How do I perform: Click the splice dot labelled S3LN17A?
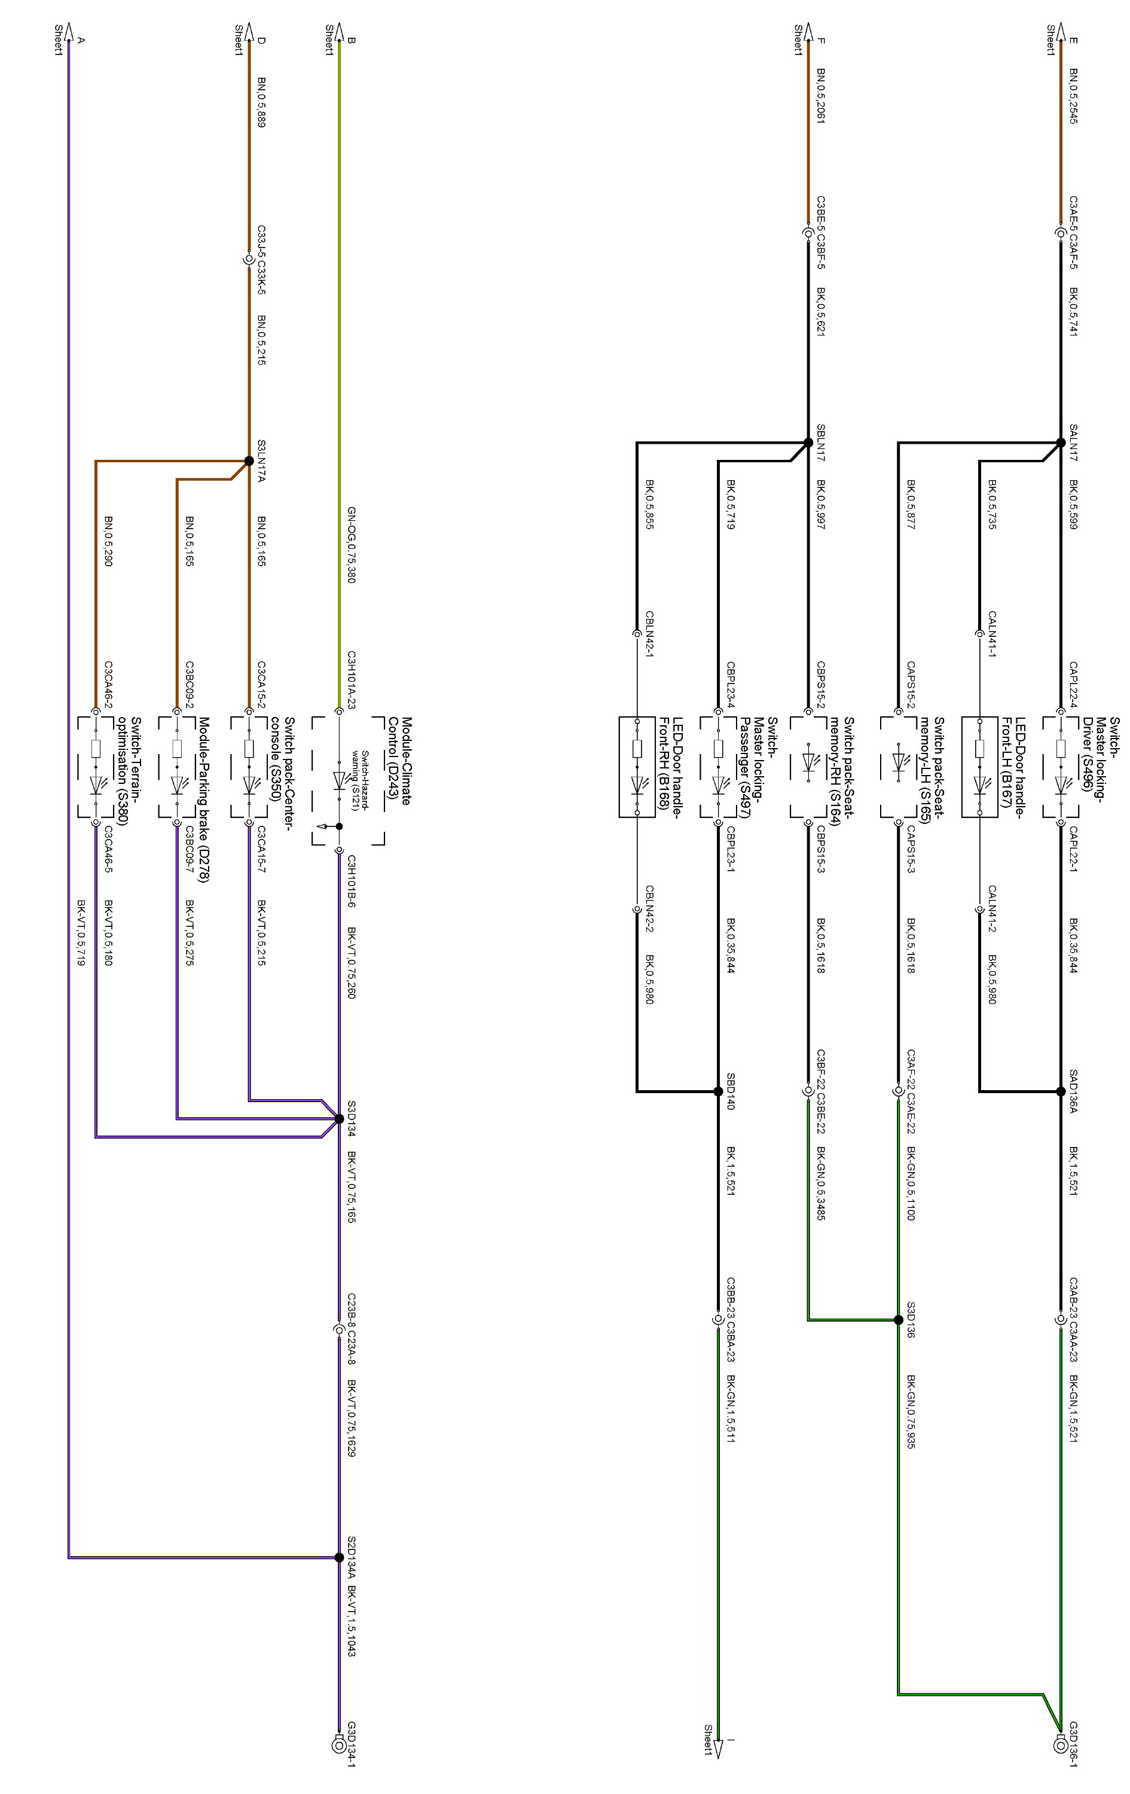click(249, 461)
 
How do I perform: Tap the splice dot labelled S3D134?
click(339, 1118)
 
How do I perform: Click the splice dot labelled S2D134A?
click(339, 1557)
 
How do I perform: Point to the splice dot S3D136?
click(899, 1319)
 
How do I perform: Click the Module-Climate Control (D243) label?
click(399, 761)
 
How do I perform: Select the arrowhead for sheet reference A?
click(69, 31)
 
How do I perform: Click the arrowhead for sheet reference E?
click(1060, 31)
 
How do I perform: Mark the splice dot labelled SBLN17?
click(808, 443)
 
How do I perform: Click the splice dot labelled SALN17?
click(1061, 443)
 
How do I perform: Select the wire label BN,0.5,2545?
click(1073, 96)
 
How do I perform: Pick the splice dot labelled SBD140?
click(718, 1091)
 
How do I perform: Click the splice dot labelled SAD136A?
click(1061, 1091)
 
